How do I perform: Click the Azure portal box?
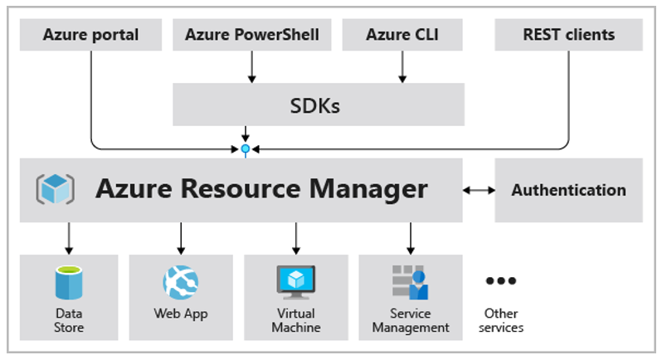coord(90,35)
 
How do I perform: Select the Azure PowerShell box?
coord(252,35)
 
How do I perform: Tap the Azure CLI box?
coord(402,35)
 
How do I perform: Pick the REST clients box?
coord(569,35)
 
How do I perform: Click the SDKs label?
coord(315,105)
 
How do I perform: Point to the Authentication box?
coord(569,190)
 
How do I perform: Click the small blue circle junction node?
coord(246,149)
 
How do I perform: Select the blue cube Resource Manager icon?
coord(56,189)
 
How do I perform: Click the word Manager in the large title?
coord(368,189)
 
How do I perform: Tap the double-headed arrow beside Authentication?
coord(479,190)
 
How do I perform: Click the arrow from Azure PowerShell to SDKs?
coord(252,66)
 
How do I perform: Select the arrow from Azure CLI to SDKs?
coord(402,66)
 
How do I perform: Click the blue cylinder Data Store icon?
coord(69,282)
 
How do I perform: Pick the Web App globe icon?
coord(181,282)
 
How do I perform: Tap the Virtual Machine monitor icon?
coord(296,282)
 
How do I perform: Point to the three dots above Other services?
coord(501,280)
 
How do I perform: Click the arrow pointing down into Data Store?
coord(69,238)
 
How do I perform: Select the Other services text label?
coord(501,320)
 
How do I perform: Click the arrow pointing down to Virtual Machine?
coord(296,238)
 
